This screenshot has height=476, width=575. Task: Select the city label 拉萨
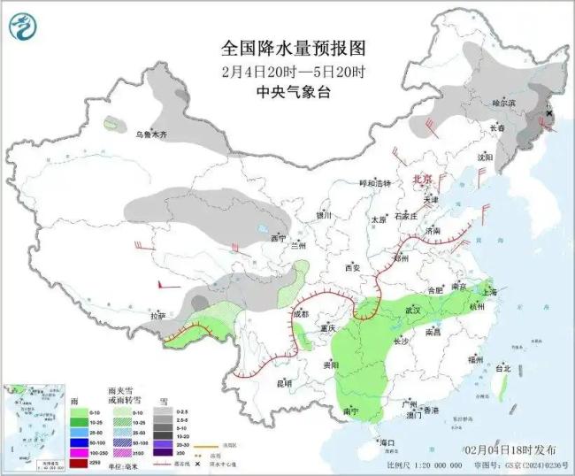coord(157,315)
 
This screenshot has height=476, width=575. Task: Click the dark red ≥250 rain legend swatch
coord(79,462)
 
